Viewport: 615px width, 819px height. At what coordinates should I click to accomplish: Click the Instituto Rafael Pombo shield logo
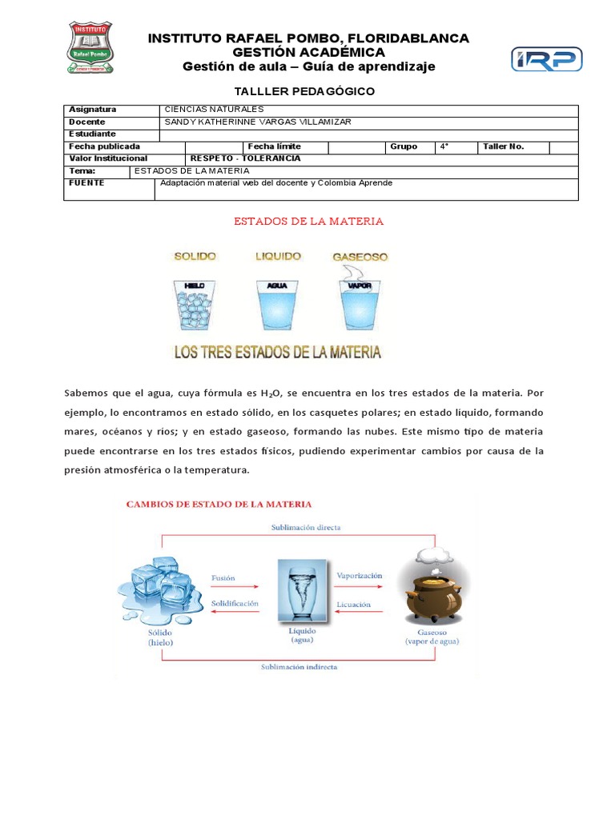pos(89,47)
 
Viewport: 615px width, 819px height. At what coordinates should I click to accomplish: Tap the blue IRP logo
pos(547,59)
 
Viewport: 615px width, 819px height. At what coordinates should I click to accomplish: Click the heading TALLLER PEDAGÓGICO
pos(303,91)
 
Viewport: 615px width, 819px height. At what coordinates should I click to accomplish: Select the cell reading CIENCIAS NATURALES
pos(213,110)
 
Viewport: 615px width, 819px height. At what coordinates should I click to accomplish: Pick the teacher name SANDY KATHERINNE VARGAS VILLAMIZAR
pos(257,122)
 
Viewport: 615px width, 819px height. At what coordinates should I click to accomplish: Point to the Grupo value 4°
pos(444,146)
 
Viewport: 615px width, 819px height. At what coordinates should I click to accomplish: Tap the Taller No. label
pos(503,146)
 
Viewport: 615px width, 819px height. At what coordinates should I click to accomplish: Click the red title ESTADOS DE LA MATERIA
pos(308,221)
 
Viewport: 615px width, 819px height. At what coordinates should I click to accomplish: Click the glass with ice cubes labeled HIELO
pos(195,304)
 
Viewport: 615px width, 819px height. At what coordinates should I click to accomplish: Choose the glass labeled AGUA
pos(277,304)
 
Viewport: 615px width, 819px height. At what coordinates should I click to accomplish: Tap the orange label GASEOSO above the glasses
pos(360,257)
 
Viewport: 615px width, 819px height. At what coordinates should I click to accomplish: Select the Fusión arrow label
pos(223,577)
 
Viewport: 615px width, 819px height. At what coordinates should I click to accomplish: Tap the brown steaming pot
pos(432,588)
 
